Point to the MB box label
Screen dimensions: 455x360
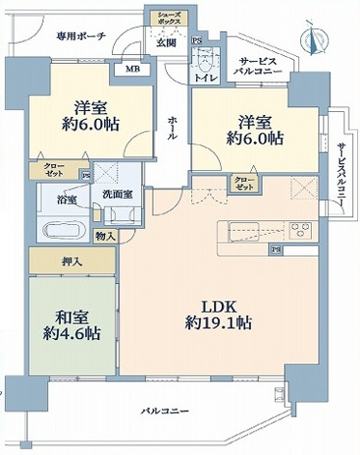pyautogui.click(x=131, y=70)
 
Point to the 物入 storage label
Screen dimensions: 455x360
pyautogui.click(x=104, y=235)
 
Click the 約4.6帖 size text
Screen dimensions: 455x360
pyautogui.click(x=71, y=334)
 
